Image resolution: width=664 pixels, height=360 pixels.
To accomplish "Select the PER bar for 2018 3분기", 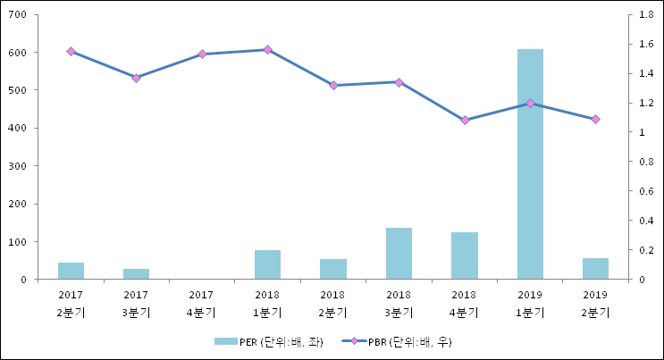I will (x=399, y=254).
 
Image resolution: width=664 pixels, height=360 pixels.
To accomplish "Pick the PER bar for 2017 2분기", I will (x=71, y=271).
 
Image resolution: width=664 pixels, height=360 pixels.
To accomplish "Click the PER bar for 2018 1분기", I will (x=267, y=264).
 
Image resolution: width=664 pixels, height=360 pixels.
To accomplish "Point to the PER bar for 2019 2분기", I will (x=595, y=269).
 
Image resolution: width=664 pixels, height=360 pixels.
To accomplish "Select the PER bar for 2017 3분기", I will (x=136, y=274).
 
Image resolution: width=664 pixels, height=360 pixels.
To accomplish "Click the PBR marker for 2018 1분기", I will (x=267, y=50).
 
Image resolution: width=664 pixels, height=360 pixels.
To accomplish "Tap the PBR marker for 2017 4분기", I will (x=202, y=54).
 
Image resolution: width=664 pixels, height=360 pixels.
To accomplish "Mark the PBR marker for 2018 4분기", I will (x=465, y=120).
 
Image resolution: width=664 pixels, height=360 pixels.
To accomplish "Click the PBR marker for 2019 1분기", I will (x=530, y=104).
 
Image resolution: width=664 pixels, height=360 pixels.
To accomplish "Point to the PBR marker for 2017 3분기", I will (x=136, y=79).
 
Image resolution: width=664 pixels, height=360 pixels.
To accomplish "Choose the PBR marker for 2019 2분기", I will (x=595, y=119).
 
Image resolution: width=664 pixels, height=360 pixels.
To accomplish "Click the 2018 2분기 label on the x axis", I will (x=332, y=304).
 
